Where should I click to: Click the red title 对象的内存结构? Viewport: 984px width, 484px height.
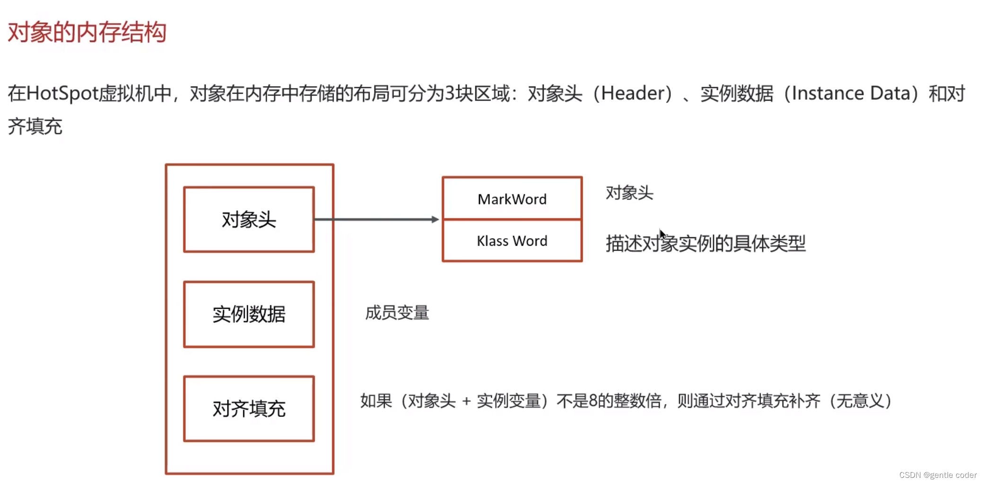[87, 32]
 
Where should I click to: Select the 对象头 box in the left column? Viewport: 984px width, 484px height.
[249, 219]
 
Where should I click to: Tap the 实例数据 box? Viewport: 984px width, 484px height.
[249, 314]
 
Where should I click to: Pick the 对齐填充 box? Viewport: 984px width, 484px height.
[249, 409]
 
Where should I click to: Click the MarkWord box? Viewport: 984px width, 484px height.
[512, 199]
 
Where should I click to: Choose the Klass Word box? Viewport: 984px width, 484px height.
[512, 241]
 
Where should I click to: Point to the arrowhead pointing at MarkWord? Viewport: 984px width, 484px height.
[435, 219]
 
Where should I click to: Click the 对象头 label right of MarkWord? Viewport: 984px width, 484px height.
[629, 193]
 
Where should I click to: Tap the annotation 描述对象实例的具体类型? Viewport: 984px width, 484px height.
[705, 243]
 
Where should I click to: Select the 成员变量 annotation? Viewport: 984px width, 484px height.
[397, 313]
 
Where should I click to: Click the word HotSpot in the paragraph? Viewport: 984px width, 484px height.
[62, 94]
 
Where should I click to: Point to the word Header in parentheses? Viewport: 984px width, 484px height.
[632, 94]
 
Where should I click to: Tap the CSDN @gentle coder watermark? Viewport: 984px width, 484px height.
[938, 475]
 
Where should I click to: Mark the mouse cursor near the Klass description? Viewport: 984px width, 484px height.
[662, 233]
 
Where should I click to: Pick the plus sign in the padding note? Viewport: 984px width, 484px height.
[467, 401]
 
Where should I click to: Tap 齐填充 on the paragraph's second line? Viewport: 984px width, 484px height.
[35, 127]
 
